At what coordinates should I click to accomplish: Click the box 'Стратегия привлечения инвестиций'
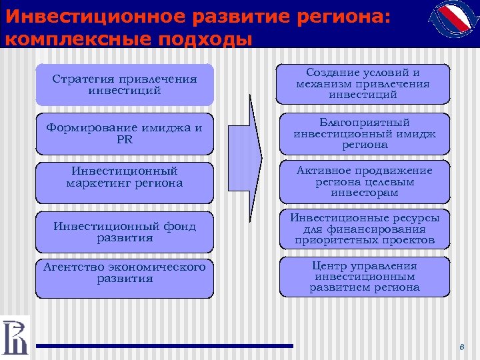point(125,85)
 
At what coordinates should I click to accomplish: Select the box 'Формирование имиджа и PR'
point(125,135)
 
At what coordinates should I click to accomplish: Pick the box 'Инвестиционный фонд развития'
point(125,231)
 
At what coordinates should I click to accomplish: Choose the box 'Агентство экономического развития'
point(125,277)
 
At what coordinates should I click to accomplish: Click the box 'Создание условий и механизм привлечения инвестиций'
point(364,84)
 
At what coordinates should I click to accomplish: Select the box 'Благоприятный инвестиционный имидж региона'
point(364,134)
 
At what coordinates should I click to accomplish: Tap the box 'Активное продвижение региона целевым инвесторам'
point(364,182)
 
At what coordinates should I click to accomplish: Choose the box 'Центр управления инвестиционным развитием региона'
point(364,277)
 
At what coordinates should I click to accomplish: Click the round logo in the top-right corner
point(450,25)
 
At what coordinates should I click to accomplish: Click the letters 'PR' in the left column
point(125,140)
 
